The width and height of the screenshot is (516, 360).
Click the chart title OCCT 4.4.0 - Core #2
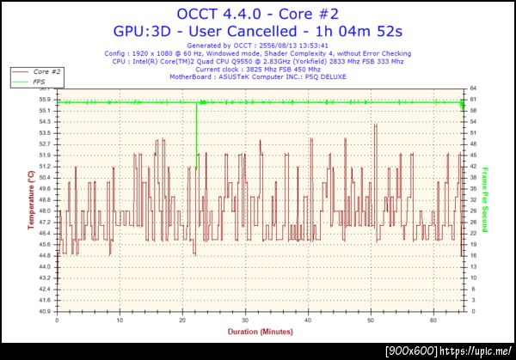point(258,13)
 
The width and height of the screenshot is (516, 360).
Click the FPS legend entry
point(40,81)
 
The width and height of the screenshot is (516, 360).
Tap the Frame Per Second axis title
point(485,199)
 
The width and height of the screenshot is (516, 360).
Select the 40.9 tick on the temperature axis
point(42,311)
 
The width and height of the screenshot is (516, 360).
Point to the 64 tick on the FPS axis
point(474,88)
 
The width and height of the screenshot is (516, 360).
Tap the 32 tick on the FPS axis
point(474,199)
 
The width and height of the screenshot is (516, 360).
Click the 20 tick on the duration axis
point(182,319)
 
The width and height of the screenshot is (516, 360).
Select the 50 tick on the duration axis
point(371,319)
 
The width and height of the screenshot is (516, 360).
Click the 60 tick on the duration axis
point(433,319)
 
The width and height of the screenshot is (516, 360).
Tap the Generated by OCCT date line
point(258,45)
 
